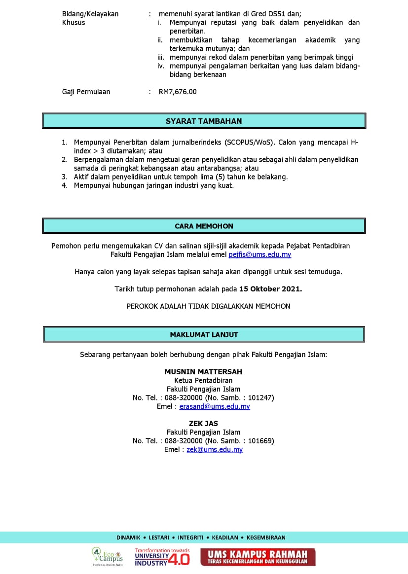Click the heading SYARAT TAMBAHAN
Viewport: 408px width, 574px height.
pyautogui.click(x=204, y=121)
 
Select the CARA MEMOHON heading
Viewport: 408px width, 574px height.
pyautogui.click(x=204, y=226)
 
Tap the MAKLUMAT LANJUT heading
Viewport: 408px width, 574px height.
pyautogui.click(x=204, y=334)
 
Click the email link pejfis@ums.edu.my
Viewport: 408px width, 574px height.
pyautogui.click(x=260, y=254)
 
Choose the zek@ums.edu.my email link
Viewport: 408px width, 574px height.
pyautogui.click(x=215, y=449)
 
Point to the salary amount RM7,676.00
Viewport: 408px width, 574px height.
pyautogui.click(x=178, y=91)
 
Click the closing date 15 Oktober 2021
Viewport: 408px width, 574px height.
pyautogui.click(x=270, y=289)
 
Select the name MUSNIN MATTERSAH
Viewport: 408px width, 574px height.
pyautogui.click(x=203, y=371)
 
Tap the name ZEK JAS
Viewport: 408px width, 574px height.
pyautogui.click(x=203, y=423)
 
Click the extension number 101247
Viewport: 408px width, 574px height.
pyautogui.click(x=260, y=397)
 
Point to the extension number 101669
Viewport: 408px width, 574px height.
pyautogui.click(x=260, y=440)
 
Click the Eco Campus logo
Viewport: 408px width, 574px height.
pyautogui.click(x=108, y=556)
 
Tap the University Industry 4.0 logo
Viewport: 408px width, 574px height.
pyautogui.click(x=162, y=557)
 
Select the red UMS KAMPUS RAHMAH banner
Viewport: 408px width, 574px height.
pyautogui.click(x=258, y=557)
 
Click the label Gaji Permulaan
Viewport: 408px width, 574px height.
pyautogui.click(x=86, y=91)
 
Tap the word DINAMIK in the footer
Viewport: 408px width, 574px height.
pyautogui.click(x=128, y=538)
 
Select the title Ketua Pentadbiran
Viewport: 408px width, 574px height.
pyautogui.click(x=203, y=380)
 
